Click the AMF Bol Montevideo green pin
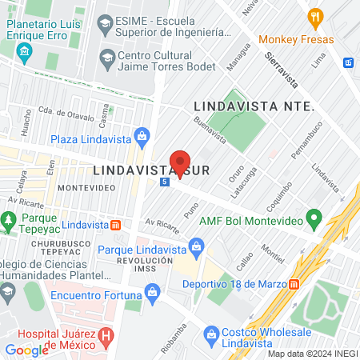click(x=315, y=217)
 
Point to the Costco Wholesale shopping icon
click(x=211, y=332)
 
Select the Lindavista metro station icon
click(x=116, y=225)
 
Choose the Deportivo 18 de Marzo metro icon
click(x=294, y=284)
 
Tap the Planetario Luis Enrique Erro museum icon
click(x=24, y=54)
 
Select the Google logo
click(x=27, y=350)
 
